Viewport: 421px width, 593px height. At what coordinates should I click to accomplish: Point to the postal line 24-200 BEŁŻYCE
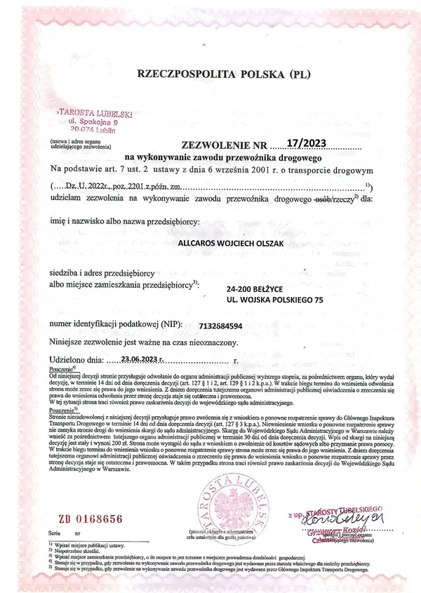point(259,288)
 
